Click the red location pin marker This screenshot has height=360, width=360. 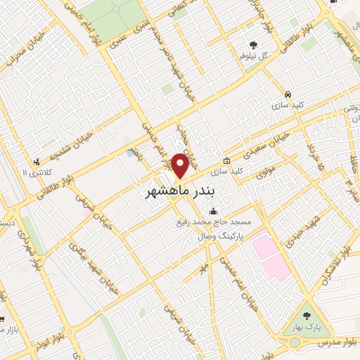(180, 165)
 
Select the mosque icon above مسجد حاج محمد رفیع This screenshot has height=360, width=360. (213, 212)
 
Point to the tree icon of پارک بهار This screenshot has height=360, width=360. (306, 314)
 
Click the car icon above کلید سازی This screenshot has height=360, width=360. (288, 94)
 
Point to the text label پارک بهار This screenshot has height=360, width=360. (307, 328)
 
